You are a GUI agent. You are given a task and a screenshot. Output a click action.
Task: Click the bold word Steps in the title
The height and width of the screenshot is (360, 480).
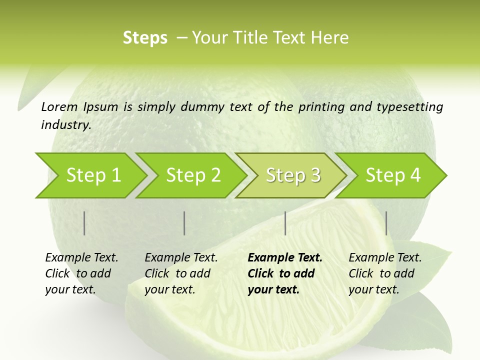coord(145,38)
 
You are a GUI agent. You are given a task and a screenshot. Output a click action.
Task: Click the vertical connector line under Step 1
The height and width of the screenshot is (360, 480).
coord(84,223)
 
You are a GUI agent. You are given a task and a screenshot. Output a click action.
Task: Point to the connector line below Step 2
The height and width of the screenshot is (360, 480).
coord(184,223)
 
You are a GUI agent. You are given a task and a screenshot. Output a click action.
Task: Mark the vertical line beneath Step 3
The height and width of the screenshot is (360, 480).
coord(285,223)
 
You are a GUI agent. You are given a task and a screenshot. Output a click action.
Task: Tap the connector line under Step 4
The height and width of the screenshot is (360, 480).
coord(386,223)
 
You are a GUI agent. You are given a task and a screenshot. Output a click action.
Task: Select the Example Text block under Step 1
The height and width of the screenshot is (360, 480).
coord(81,273)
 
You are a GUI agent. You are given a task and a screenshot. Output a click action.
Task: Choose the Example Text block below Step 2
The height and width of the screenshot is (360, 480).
coord(181,273)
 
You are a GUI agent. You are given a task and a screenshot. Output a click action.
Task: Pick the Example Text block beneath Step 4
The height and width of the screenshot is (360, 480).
coord(385,273)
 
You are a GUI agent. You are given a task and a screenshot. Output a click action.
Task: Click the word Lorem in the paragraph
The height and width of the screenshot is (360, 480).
coord(59,106)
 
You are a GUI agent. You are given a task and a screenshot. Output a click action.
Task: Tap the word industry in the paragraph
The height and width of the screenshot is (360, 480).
coord(66,124)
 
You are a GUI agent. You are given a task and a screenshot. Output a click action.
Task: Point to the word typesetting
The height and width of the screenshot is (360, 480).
coord(409,107)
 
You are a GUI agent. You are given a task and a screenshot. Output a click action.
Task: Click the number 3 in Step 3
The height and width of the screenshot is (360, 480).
coord(315,175)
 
